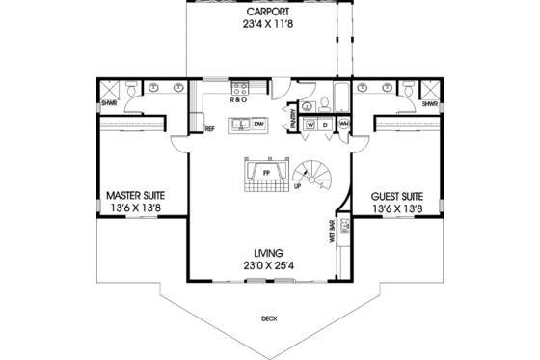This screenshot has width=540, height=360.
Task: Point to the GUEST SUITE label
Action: point(398,194)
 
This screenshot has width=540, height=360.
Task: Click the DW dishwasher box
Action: point(260,125)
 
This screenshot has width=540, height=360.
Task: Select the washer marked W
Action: point(311,125)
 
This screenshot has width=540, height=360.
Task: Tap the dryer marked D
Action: point(326,125)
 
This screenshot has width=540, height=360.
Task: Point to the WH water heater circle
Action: point(343,125)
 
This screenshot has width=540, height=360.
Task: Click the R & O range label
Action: point(239,99)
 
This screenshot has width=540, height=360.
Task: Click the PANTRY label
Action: point(294,119)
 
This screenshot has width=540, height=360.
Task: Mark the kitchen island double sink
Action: point(237,125)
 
